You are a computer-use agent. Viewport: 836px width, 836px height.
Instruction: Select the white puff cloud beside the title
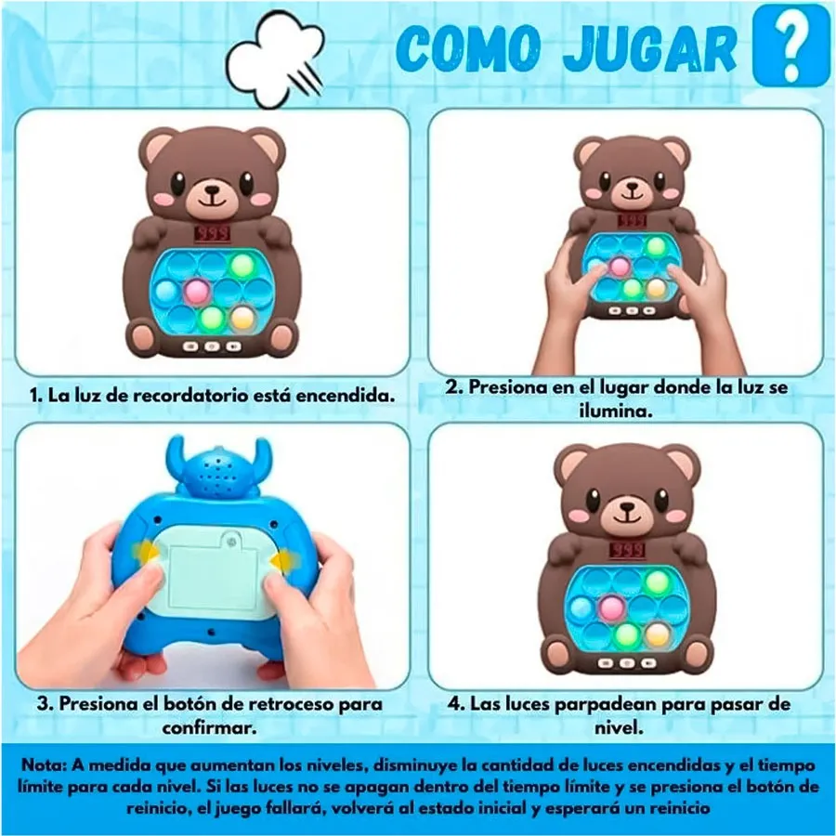point(276,61)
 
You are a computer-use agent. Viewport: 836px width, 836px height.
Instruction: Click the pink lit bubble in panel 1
point(196,290)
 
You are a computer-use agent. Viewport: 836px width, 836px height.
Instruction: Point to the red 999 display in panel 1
point(213,233)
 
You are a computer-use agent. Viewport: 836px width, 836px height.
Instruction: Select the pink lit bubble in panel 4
point(610,607)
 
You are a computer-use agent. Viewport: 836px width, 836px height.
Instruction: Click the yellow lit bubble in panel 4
point(657,634)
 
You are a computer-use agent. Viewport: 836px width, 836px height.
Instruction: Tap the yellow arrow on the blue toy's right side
point(282,561)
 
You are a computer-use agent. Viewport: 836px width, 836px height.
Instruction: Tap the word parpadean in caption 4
point(605,705)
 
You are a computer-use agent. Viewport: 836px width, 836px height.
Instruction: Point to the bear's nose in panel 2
point(633,187)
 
